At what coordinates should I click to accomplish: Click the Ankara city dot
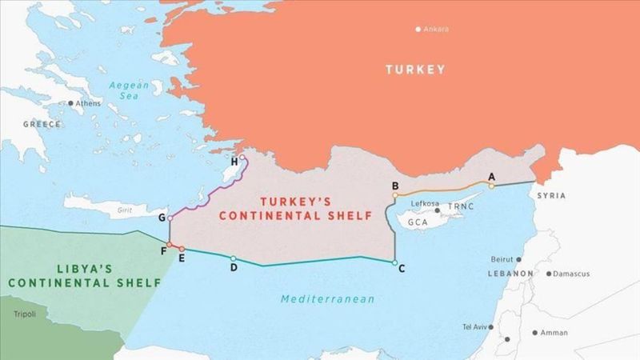click(x=418, y=30)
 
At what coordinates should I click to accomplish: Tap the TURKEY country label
click(x=415, y=70)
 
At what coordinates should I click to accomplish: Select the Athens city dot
click(x=71, y=103)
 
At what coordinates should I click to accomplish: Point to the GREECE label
click(x=42, y=124)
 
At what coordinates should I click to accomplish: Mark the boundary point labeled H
click(x=242, y=158)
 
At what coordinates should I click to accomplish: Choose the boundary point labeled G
click(x=170, y=218)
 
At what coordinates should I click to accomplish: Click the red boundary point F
click(x=169, y=244)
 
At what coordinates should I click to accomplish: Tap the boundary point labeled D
click(x=233, y=258)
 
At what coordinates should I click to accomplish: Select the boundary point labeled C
click(x=394, y=262)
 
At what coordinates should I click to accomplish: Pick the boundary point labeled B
click(x=395, y=194)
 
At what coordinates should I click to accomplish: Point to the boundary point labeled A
click(x=492, y=186)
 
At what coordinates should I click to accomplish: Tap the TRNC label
click(x=461, y=206)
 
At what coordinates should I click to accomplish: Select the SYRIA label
click(x=551, y=195)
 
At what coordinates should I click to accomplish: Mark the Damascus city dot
click(x=549, y=274)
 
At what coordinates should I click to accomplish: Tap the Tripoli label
click(x=25, y=313)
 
